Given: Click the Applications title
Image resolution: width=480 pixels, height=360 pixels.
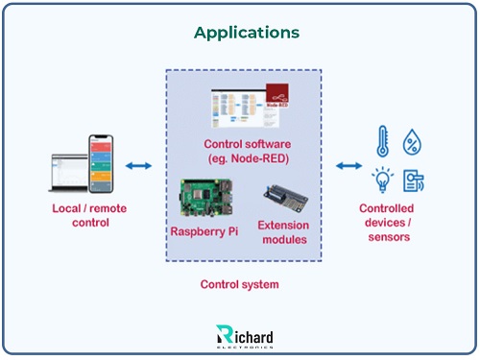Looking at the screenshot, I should click(247, 32).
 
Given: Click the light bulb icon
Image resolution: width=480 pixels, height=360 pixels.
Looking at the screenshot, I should click(381, 180).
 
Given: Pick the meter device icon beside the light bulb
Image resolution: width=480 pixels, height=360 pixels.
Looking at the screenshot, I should click(414, 180).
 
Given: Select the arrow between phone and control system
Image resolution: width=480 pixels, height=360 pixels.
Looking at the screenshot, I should click(139, 167).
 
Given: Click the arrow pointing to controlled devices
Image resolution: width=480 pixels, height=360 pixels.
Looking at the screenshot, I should click(348, 167).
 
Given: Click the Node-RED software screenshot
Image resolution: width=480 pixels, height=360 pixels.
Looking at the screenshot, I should click(248, 108).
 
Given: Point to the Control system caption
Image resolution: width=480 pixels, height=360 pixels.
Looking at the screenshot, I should click(240, 284).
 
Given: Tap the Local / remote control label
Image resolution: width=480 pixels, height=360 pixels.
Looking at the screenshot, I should click(87, 215).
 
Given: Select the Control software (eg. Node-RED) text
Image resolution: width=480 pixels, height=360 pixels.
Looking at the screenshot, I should click(249, 151).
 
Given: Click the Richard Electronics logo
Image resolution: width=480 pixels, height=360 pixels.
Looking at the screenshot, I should click(246, 336).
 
